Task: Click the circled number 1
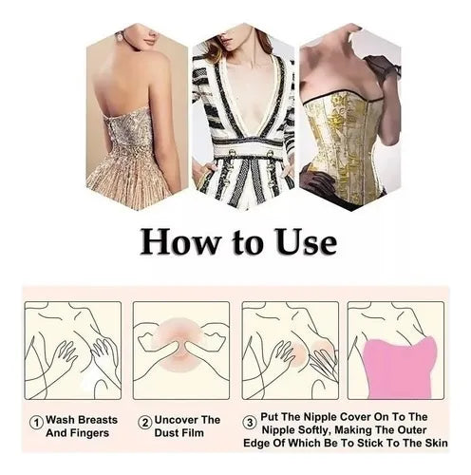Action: coord(36,423)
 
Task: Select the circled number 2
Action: coord(145,423)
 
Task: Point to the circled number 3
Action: coord(250,423)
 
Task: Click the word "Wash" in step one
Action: coord(60,420)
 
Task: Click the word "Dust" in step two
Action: coord(167,433)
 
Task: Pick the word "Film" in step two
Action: coord(193,433)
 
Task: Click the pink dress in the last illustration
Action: coord(400,368)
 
